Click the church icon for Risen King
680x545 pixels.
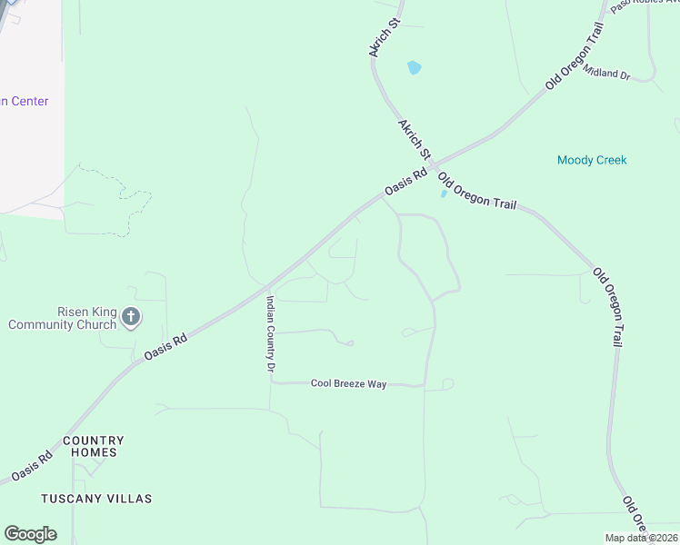point(131,317)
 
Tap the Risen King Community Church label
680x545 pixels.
point(62,317)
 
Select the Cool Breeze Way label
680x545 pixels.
point(348,384)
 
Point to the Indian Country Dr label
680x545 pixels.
point(270,333)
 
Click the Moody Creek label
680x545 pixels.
point(592,161)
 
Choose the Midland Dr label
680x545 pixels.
point(607,73)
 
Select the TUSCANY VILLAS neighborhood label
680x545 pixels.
point(96,499)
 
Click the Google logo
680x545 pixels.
point(30,534)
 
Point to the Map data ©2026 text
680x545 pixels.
point(640,538)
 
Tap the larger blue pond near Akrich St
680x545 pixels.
point(415,67)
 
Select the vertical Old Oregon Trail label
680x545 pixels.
point(607,307)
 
